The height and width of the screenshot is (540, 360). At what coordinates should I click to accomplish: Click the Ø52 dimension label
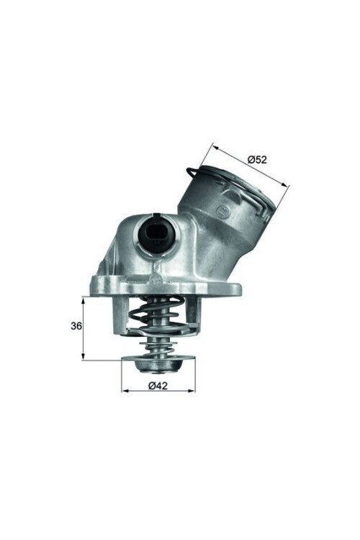point(257,159)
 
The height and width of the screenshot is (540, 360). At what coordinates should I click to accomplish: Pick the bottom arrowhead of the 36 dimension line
point(84,357)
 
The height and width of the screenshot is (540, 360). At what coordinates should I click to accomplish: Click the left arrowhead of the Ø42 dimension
point(124,391)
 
